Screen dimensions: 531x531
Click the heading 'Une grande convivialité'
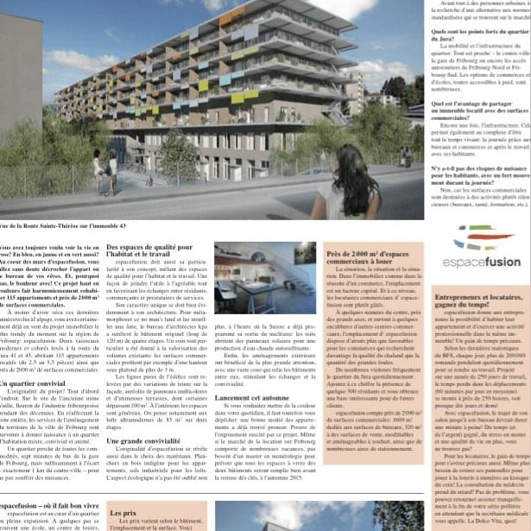click(x=142, y=440)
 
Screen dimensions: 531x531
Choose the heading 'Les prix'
click(x=123, y=513)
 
